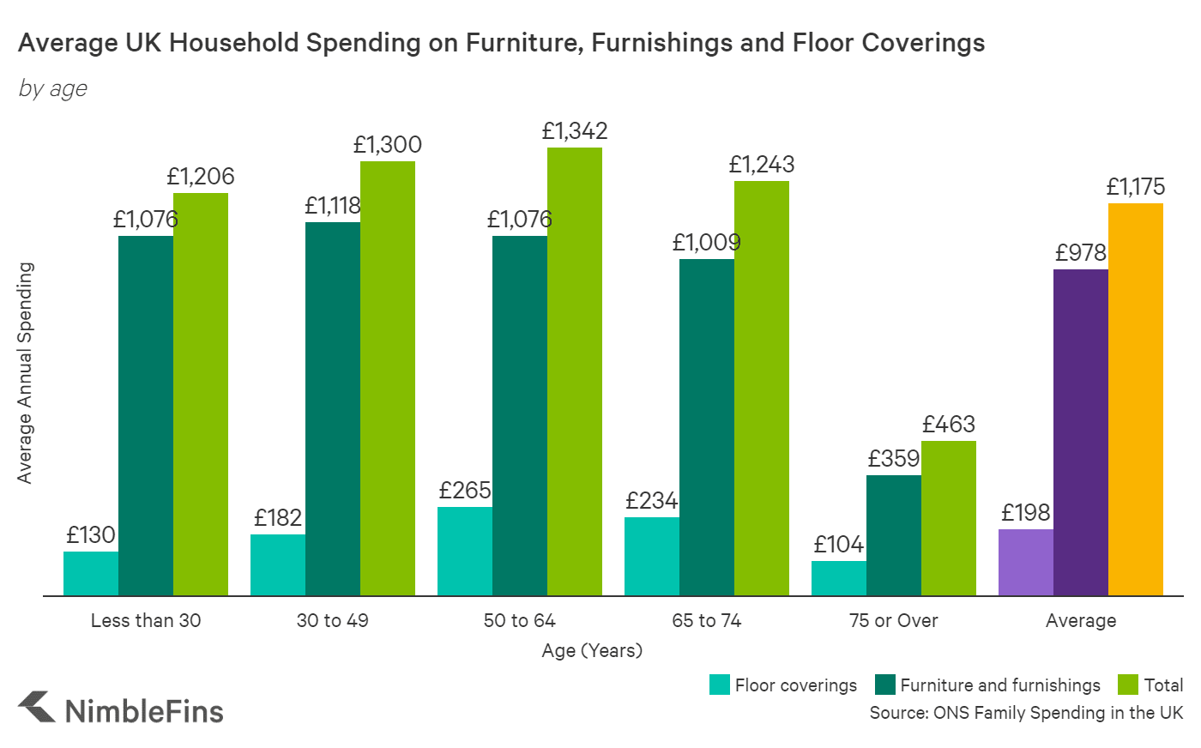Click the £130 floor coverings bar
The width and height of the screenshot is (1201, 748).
[91, 573]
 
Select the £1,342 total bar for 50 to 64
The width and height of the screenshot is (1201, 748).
[575, 371]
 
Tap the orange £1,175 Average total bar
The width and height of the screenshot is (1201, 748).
[1136, 399]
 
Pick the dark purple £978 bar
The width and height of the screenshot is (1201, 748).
[1081, 432]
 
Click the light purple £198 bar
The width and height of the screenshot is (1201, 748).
[1026, 562]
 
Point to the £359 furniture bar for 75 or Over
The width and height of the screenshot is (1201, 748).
[894, 535]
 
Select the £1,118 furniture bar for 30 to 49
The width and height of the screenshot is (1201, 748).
[333, 408]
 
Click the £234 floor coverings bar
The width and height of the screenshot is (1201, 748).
[652, 556]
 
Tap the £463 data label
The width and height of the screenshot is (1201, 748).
[949, 425]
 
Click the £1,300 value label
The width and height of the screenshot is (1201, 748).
[388, 145]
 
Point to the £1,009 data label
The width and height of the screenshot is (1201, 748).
[706, 243]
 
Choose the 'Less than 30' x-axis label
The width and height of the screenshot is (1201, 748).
[146, 620]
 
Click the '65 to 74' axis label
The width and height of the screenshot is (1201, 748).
[707, 620]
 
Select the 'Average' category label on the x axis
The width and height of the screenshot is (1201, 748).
[1081, 620]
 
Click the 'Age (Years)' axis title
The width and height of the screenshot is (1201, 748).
[592, 650]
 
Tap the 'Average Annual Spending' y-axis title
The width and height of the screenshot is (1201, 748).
[25, 373]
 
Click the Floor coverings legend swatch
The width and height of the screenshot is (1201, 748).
[720, 685]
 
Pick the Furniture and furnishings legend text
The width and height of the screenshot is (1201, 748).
[1000, 685]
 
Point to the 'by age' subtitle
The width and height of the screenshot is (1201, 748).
[53, 88]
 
